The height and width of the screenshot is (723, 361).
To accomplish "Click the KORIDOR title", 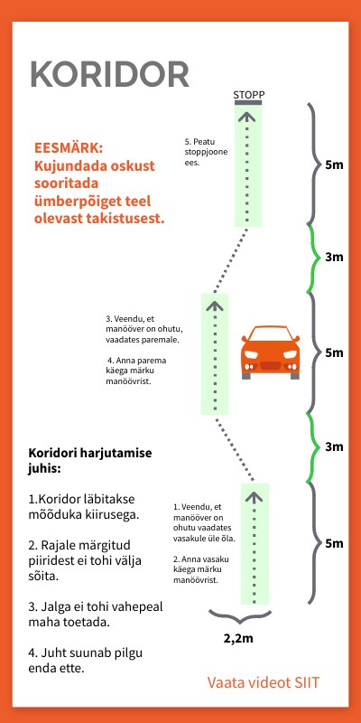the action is [x=109, y=74].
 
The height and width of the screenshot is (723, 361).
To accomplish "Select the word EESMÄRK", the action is [x=69, y=147].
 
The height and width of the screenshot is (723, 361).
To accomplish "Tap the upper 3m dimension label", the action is [x=334, y=258].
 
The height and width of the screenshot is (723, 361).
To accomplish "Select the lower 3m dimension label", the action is [x=334, y=446].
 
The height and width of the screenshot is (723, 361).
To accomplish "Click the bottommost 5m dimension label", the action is [x=334, y=543].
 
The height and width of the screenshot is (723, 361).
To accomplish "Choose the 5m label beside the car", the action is [x=334, y=352].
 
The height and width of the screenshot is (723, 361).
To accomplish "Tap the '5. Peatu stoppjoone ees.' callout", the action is [x=206, y=153].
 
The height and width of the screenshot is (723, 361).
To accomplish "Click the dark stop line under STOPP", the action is [x=248, y=104].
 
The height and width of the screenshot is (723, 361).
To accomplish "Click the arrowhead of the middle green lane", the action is [x=215, y=305].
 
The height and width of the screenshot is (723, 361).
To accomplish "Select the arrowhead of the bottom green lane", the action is [x=254, y=494].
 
